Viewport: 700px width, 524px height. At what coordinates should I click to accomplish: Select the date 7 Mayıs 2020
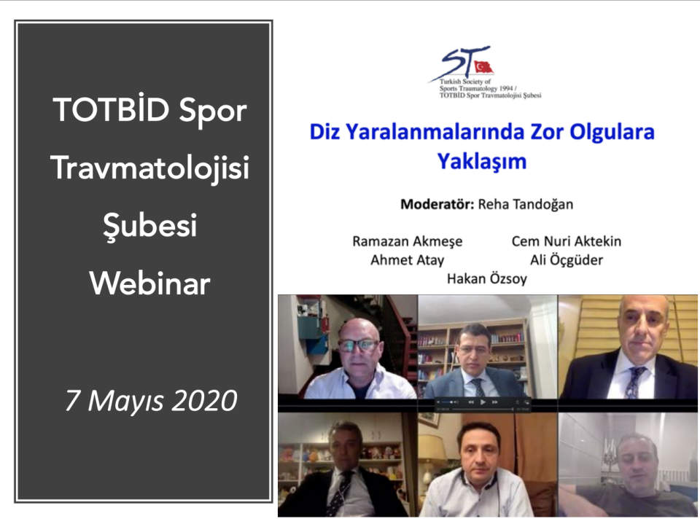[151, 400]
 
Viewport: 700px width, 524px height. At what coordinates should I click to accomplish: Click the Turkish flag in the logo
[483, 67]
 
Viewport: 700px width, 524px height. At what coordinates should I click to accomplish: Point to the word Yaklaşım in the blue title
[482, 161]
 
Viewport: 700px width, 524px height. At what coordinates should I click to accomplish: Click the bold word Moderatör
[437, 204]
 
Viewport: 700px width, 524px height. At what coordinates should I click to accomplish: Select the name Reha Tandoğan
[526, 204]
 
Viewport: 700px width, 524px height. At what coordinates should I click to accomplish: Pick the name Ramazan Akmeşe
[407, 241]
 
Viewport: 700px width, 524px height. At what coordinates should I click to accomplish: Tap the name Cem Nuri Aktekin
[566, 241]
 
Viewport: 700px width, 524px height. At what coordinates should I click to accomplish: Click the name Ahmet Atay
[407, 259]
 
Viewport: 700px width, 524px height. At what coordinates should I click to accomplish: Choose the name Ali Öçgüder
[566, 259]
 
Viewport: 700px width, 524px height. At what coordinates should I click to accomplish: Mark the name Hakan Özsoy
[486, 278]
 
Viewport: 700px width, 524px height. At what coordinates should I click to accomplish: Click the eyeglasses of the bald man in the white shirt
[359, 345]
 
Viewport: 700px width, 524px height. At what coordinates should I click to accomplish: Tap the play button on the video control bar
[483, 402]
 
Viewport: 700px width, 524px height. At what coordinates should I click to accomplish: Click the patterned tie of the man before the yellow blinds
[634, 382]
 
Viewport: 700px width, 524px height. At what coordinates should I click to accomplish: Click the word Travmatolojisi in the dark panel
[149, 168]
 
